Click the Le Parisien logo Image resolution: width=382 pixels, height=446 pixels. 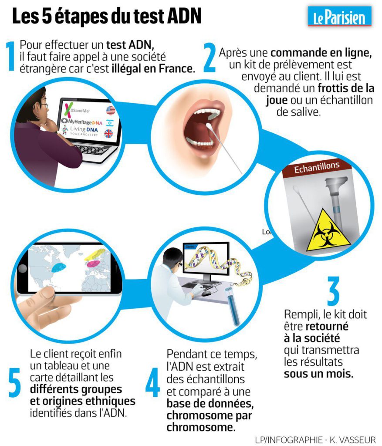[339, 17]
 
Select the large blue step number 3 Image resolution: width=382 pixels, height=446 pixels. [333, 292]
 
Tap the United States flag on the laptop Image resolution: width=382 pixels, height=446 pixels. [110, 110]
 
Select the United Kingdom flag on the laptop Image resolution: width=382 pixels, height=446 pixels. [109, 134]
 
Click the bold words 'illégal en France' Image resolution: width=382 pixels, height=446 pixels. [153, 68]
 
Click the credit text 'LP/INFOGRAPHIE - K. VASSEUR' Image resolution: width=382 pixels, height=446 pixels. [315, 439]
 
